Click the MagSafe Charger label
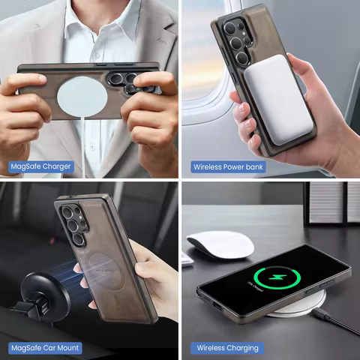41,166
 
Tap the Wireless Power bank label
228,166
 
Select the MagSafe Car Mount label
45,348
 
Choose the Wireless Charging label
227,348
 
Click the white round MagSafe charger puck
79,97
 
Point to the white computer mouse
220,244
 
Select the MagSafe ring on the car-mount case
101,269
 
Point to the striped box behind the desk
331,202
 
